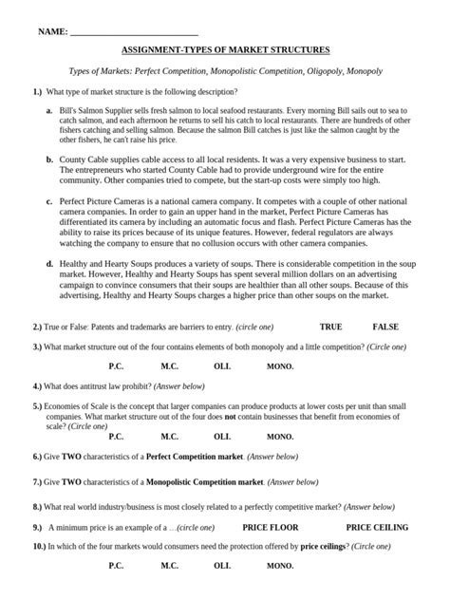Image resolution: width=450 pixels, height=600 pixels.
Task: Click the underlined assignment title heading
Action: click(x=225, y=49)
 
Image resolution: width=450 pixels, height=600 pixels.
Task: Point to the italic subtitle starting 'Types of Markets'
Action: click(x=226, y=71)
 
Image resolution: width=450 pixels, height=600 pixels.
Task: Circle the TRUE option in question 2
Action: click(x=330, y=327)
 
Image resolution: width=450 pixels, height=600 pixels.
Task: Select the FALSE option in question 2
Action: click(x=385, y=327)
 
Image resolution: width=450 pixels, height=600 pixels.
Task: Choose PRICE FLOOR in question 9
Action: click(x=270, y=527)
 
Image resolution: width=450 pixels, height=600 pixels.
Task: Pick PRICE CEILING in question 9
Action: click(x=377, y=527)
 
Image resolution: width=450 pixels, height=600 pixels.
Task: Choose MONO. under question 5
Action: click(x=279, y=437)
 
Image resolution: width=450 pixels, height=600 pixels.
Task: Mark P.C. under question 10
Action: click(x=116, y=566)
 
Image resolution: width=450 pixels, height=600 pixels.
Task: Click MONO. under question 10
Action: click(x=279, y=566)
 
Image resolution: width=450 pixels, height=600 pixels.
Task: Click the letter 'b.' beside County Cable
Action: click(x=49, y=160)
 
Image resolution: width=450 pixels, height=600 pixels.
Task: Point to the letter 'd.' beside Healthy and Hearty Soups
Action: click(x=49, y=263)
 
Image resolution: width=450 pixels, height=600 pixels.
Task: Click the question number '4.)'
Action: click(x=37, y=386)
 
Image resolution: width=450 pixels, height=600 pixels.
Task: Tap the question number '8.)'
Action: click(x=37, y=507)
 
